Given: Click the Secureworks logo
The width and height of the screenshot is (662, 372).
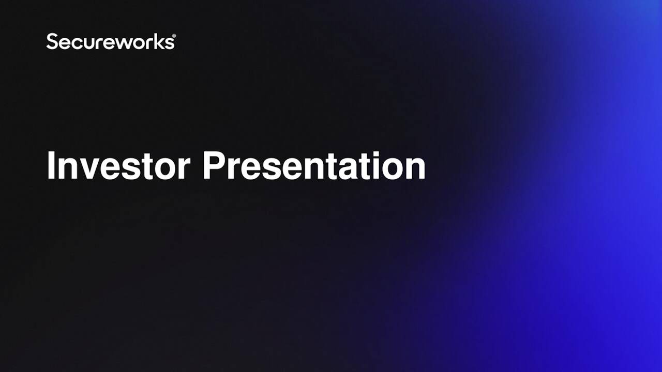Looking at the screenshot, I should pyautogui.click(x=110, y=41).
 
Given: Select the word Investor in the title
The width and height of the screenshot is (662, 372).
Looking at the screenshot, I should pyautogui.click(x=118, y=166).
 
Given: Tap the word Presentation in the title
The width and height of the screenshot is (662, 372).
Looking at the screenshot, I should pyautogui.click(x=313, y=166).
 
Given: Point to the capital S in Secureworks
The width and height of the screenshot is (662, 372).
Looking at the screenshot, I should pyautogui.click(x=52, y=41).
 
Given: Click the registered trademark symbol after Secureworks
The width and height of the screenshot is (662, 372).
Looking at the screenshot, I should pyautogui.click(x=173, y=36).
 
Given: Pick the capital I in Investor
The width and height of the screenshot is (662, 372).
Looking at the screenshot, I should pyautogui.click(x=51, y=166).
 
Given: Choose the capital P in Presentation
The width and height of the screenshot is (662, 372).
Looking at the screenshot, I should pyautogui.click(x=213, y=166).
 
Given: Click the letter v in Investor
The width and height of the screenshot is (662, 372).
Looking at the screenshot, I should pyautogui.click(x=85, y=169).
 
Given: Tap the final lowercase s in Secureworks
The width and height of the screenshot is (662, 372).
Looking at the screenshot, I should pyautogui.click(x=169, y=43).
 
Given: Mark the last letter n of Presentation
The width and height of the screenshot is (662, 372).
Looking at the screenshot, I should pyautogui.click(x=414, y=169).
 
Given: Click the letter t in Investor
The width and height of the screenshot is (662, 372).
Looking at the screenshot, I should pyautogui.click(x=144, y=167).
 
